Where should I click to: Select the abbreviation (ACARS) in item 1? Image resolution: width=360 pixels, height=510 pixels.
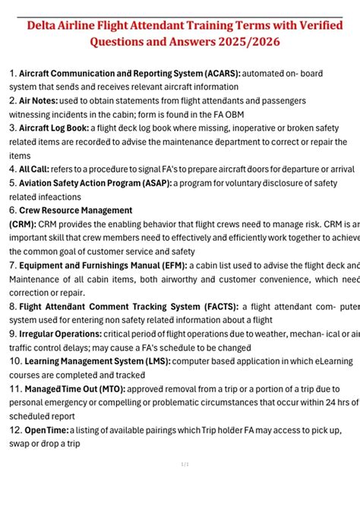click(216, 74)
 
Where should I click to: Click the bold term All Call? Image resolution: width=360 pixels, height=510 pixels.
click(34, 169)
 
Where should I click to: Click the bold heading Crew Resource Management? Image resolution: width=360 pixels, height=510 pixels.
click(75, 211)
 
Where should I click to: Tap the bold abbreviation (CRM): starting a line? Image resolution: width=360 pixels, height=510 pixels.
click(22, 224)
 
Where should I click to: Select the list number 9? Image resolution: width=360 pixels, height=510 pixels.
click(12, 334)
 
